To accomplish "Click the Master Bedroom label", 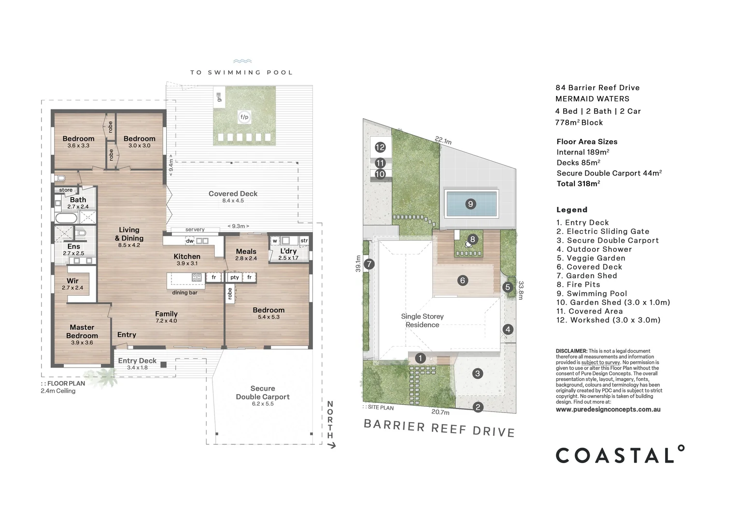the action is point(82,334).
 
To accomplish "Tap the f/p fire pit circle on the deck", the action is point(244,117).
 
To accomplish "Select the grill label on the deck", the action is point(219,97).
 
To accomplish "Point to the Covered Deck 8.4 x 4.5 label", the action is point(233,196).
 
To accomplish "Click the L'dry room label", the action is point(289,254).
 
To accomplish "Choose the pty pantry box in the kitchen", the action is point(235,277).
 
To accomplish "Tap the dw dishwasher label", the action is point(190,241).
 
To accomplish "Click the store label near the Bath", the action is point(66,190).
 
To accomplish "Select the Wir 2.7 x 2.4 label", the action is point(72,284).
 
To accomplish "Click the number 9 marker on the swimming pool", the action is point(470,204).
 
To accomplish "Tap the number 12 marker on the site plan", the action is point(380,147).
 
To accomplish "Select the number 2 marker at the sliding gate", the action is point(478,408).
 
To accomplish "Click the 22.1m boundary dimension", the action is point(443,140).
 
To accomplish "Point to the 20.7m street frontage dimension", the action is point(440,411).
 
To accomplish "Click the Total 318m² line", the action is point(578,184).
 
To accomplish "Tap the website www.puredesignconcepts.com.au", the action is point(608,410).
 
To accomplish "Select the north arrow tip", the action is point(335,446).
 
